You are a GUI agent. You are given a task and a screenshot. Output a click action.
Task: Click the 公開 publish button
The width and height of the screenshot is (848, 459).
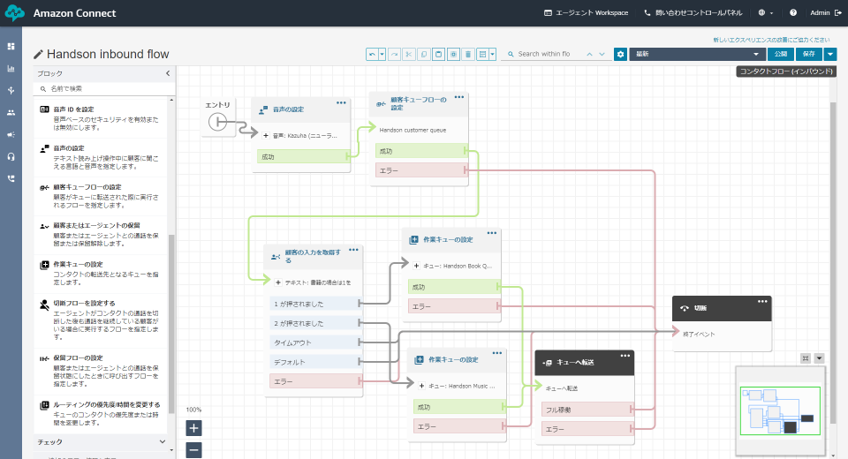coord(780,54)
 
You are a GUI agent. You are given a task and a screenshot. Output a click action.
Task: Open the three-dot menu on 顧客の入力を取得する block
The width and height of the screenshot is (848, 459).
coord(353,250)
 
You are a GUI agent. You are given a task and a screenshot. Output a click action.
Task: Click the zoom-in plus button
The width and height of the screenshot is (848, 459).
coord(194,428)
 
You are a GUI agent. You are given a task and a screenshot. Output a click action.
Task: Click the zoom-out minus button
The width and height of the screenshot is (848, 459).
coord(194,450)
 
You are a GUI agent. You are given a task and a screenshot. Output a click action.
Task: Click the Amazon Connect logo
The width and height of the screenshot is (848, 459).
coord(14,13)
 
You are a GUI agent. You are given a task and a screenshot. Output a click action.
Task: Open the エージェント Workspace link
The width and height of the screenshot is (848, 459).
coord(587,13)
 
